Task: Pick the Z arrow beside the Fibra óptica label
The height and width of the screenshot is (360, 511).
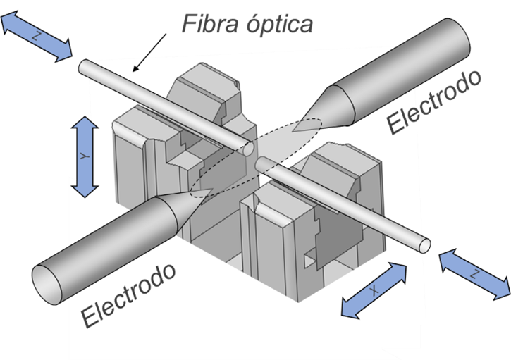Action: pyautogui.click(x=37, y=37)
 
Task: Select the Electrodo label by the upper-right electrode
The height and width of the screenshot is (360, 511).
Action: pyautogui.click(x=435, y=103)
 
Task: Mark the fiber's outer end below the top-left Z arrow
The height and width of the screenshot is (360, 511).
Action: pyautogui.click(x=84, y=67)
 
